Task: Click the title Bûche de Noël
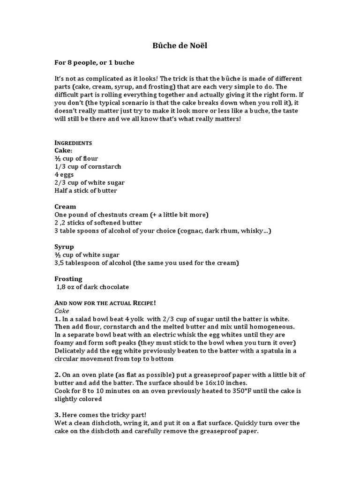point(180,45)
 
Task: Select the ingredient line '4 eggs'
point(64,174)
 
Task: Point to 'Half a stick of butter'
point(86,190)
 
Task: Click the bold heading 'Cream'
point(65,206)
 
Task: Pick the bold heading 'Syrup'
point(64,247)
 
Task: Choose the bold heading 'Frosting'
point(68,278)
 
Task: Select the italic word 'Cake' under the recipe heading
point(62,310)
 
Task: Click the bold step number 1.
point(57,319)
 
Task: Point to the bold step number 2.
point(57,375)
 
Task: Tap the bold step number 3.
point(57,415)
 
